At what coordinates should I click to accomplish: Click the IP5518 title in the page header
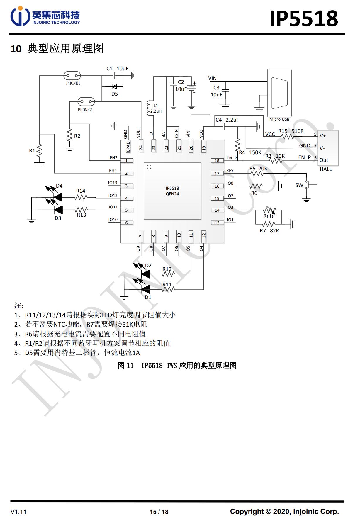click(x=304, y=19)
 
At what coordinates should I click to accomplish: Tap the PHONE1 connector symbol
click(x=72, y=76)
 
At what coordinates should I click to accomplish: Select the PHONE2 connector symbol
click(x=86, y=102)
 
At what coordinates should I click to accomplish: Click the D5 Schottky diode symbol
click(x=114, y=87)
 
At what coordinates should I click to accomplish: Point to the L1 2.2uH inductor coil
click(x=148, y=108)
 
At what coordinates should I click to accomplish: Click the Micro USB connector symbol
click(x=279, y=93)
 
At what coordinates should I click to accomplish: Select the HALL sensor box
click(x=328, y=148)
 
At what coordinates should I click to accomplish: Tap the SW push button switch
click(x=308, y=185)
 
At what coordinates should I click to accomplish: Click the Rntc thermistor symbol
click(x=269, y=210)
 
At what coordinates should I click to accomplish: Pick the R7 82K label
click(x=269, y=231)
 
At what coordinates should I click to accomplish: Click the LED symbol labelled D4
click(x=58, y=197)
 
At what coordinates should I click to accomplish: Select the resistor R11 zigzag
click(x=168, y=289)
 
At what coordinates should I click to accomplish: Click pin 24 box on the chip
click(x=141, y=148)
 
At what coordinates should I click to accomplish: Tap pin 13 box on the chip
click(x=217, y=223)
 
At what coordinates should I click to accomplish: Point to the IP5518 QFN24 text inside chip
click(x=172, y=191)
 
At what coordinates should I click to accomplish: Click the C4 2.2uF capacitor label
click(x=227, y=120)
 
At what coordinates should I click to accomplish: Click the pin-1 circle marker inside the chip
click(x=149, y=167)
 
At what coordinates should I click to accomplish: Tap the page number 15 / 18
click(x=159, y=512)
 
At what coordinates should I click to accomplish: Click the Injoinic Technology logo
click(x=45, y=16)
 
